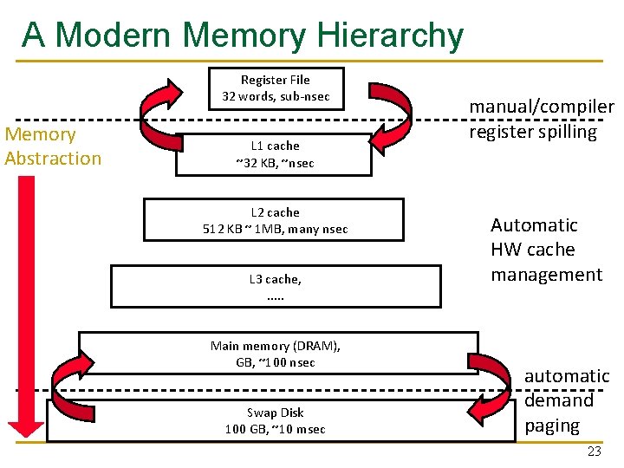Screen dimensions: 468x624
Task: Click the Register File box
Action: pyautogui.click(x=276, y=88)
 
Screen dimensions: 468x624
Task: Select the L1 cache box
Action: pyautogui.click(x=274, y=154)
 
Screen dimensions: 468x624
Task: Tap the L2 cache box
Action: pyautogui.click(x=274, y=220)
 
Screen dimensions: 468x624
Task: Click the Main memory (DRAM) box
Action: pyautogui.click(x=276, y=354)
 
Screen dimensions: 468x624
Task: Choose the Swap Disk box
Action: pyautogui.click(x=276, y=420)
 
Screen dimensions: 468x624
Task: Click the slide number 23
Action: pyautogui.click(x=594, y=452)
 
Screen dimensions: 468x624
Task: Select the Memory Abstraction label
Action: pyautogui.click(x=52, y=146)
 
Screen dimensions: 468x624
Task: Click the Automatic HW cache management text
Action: pyautogui.click(x=545, y=250)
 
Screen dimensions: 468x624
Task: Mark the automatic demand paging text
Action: pyautogui.click(x=567, y=400)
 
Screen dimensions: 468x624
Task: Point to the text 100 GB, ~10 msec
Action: pyautogui.click(x=276, y=429)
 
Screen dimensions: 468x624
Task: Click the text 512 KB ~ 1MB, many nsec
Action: pyautogui.click(x=275, y=229)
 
